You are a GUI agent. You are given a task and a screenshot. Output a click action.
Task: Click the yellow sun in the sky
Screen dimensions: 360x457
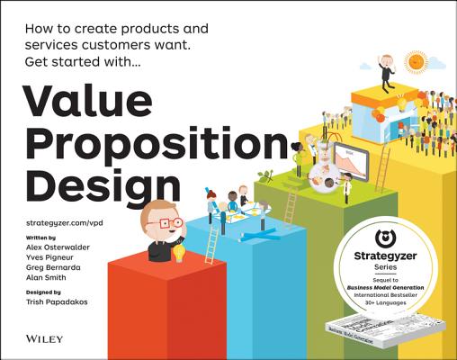click(x=417, y=62)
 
